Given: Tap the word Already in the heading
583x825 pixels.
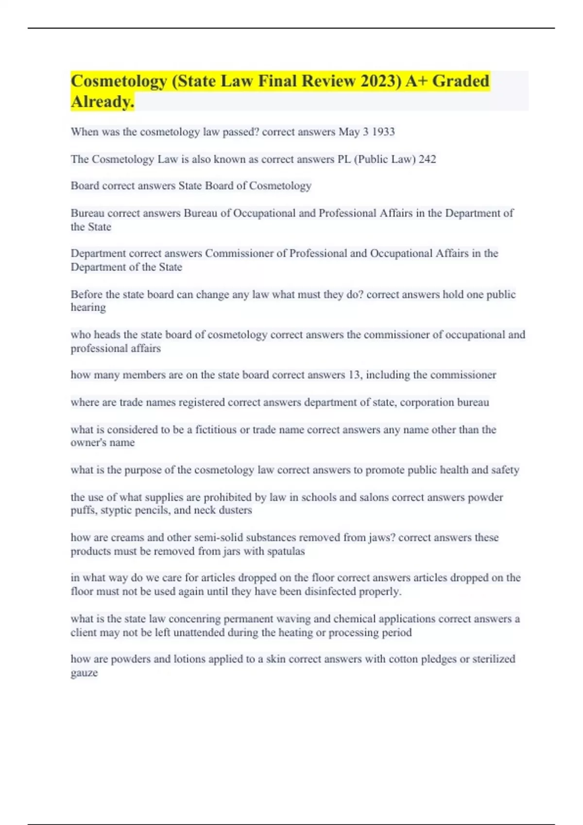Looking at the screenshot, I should [102, 102].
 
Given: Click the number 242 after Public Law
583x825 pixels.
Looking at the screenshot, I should [427, 159].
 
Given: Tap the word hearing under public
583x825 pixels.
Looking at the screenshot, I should [88, 308].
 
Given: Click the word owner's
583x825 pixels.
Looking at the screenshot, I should [87, 443].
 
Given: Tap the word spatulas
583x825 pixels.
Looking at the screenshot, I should [285, 551].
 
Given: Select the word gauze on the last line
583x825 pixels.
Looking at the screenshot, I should [84, 673].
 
